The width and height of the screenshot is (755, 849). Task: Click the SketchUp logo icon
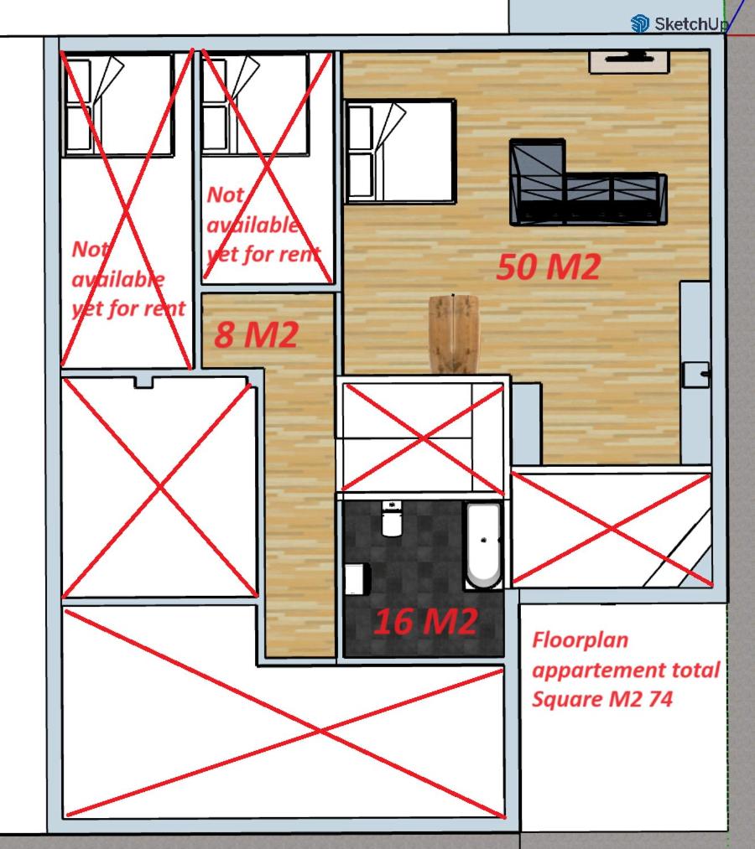pyautogui.click(x=639, y=23)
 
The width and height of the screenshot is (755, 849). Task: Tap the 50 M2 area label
pyautogui.click(x=549, y=267)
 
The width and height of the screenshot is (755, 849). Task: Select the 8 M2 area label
pyautogui.click(x=257, y=334)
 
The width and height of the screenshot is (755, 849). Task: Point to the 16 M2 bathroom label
pyautogui.click(x=426, y=621)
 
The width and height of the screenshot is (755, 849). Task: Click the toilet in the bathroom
pyautogui.click(x=392, y=518)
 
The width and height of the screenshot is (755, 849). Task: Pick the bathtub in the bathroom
pyautogui.click(x=483, y=546)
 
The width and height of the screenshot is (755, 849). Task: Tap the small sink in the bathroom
pyautogui.click(x=357, y=579)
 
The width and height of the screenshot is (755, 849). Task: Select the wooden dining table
pyautogui.click(x=454, y=334)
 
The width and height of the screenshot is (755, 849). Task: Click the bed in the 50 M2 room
pyautogui.click(x=400, y=151)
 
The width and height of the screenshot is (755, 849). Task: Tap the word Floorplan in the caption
pyautogui.click(x=580, y=640)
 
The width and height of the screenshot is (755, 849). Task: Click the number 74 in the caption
pyautogui.click(x=660, y=699)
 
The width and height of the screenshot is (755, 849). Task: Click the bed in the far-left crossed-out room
pyautogui.click(x=118, y=105)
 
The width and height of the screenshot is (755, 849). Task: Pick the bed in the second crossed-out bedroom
pyautogui.click(x=255, y=103)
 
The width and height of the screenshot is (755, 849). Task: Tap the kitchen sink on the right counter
pyautogui.click(x=695, y=375)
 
